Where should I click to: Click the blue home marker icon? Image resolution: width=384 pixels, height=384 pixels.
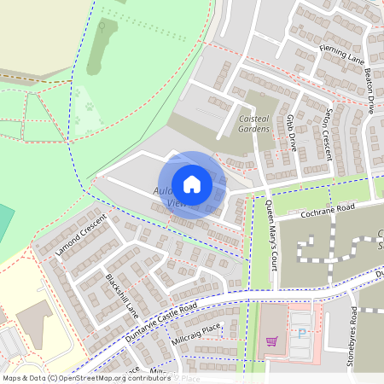point(192,184)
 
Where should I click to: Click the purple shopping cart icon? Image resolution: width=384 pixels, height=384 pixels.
point(272,340)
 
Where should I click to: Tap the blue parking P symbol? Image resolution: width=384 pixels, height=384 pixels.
point(299,334)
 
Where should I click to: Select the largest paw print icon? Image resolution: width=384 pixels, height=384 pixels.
point(88,108)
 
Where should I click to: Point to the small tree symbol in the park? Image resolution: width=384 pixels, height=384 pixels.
point(103,26)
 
